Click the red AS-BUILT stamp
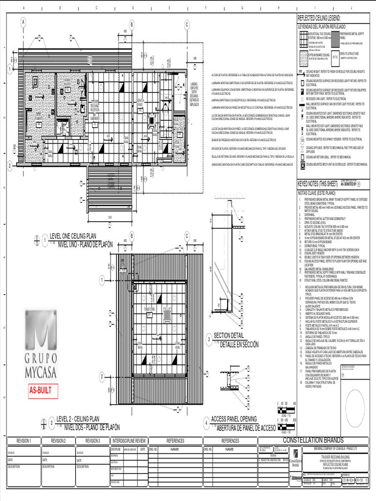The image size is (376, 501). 42,391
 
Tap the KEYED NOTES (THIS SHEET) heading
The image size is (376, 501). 318,183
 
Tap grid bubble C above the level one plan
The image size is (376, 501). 187,25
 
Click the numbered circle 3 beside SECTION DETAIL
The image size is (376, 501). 208,339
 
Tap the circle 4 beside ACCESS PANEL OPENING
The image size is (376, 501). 206,424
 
